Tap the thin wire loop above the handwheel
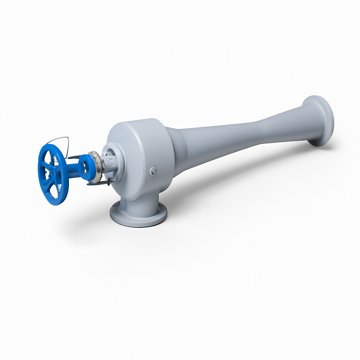click(x=58, y=139)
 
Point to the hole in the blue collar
click(x=85, y=165)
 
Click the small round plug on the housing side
click(x=153, y=171)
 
